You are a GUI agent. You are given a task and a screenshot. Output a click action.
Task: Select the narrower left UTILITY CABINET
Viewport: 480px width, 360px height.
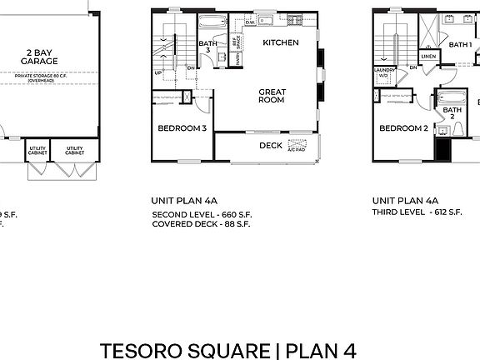37,150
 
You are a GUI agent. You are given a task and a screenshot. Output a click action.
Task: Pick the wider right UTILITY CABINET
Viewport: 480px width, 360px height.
74,150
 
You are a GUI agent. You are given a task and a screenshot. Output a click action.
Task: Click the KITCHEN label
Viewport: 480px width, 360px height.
281,42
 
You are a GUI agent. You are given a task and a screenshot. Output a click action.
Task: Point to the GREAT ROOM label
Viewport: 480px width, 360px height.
272,96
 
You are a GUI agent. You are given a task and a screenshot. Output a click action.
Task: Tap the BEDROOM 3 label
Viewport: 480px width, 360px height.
182,128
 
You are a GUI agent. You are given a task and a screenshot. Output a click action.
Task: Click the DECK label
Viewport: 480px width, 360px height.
270,146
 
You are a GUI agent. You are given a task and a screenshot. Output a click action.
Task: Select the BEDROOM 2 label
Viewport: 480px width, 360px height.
403,128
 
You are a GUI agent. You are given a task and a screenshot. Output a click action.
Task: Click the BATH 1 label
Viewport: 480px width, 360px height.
460,44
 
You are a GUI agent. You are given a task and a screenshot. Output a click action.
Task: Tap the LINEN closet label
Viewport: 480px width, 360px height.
428,57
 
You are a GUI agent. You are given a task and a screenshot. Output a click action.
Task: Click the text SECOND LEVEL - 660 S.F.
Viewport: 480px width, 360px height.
201,214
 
